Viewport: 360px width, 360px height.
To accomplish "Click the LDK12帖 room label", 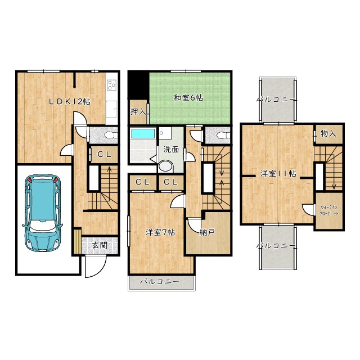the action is coord(70,101).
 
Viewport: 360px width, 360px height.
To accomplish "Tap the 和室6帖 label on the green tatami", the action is coord(188,98).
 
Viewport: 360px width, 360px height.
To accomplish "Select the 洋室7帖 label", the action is coord(160,232).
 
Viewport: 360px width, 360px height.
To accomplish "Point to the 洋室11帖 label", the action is coord(278,173).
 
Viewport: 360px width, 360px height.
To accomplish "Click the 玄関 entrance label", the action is coord(100,245).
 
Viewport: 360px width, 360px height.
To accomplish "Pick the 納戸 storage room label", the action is coord(207,232).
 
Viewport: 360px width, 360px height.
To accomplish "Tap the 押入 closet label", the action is coord(138,112).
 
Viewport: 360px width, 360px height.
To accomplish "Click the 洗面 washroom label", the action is coord(171,150).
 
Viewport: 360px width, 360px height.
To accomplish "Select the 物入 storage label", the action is coord(328,133).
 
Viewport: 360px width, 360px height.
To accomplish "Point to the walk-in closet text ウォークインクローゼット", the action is coord(329,210).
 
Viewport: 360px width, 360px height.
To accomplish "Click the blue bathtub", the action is coord(142,133).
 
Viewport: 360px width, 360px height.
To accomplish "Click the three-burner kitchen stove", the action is coord(112,85).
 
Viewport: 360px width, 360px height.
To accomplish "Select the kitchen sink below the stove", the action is coord(111,109).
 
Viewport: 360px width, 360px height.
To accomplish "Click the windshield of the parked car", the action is coord(43,224).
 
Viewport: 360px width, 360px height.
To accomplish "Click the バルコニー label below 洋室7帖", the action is coord(160,281).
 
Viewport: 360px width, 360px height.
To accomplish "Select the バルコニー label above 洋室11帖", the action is coord(276,100).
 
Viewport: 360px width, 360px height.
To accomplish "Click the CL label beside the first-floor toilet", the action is coord(105,154).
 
